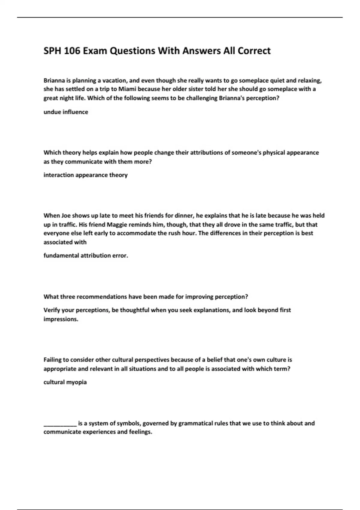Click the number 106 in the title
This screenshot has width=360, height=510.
[x=72, y=51]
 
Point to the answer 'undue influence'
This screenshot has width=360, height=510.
[x=66, y=112]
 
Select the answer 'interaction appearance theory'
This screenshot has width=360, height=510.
[x=85, y=175]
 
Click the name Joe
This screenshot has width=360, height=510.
[x=66, y=215]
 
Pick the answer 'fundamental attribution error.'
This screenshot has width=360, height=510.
[x=86, y=256]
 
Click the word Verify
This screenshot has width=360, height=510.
[x=52, y=310]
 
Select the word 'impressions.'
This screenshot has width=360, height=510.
[x=61, y=319]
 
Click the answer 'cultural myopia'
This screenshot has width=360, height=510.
[x=65, y=382]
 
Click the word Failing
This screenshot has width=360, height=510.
[x=52, y=360]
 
